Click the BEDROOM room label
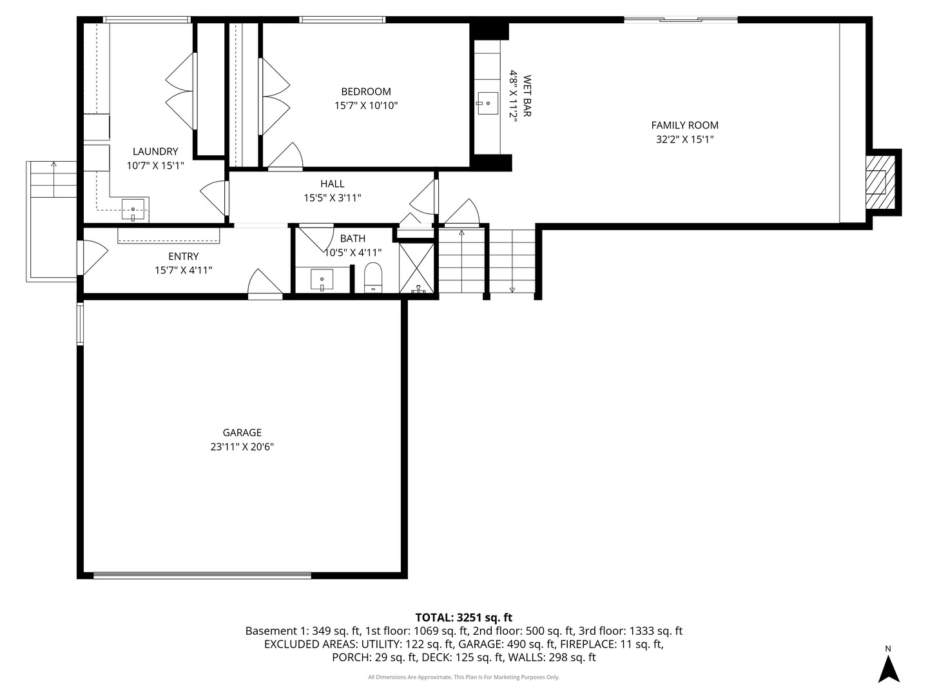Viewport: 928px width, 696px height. (365, 92)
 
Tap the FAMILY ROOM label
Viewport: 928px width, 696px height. (684, 125)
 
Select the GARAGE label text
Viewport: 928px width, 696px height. (242, 432)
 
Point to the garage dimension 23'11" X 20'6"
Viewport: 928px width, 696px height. (242, 447)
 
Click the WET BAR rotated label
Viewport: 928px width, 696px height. (527, 97)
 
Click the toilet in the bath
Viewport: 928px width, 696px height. (373, 278)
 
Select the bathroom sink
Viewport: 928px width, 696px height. (322, 280)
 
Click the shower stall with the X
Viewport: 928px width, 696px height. (416, 267)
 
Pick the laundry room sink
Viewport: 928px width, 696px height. (133, 208)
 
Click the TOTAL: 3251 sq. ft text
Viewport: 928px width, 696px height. (463, 617)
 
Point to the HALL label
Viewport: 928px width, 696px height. (332, 184)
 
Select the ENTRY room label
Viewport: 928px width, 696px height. (183, 256)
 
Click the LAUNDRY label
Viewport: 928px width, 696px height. (155, 151)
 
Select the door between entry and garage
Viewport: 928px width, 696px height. (265, 284)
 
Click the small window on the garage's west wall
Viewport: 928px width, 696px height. (81, 324)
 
